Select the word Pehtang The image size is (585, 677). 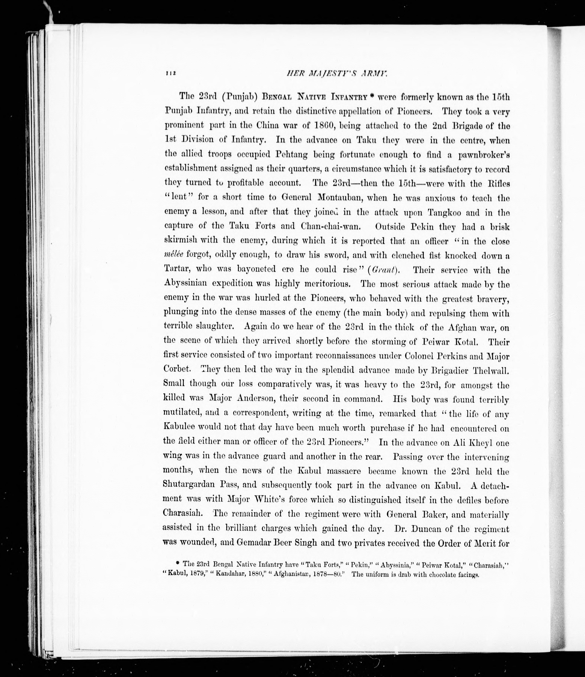coord(291,154)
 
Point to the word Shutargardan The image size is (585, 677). coord(188,485)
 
